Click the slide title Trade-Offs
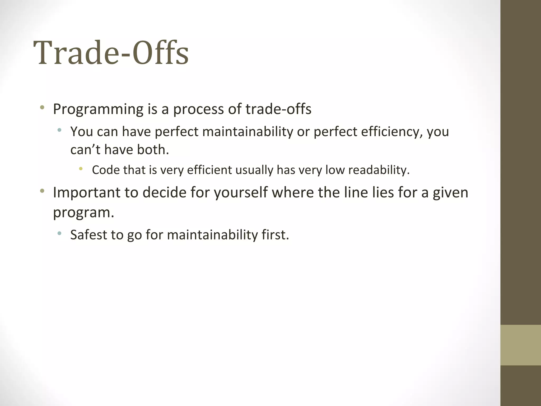point(111,53)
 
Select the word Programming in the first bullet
point(98,109)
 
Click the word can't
point(85,150)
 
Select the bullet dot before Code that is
point(81,169)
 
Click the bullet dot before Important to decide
point(42,191)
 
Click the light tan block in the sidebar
point(521,345)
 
